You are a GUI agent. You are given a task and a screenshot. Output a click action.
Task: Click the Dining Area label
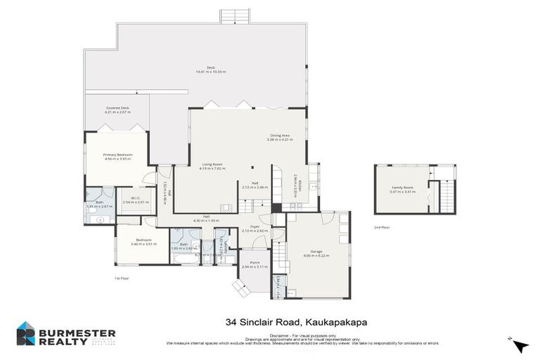click(279, 135)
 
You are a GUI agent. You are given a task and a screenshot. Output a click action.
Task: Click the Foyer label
click(255, 226)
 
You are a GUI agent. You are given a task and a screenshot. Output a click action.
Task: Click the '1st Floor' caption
click(121, 278)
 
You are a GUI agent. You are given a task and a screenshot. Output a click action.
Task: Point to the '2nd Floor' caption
click(382, 228)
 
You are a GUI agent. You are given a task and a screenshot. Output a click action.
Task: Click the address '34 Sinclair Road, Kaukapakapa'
click(297, 322)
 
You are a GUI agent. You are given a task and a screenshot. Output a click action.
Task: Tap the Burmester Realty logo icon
click(26, 333)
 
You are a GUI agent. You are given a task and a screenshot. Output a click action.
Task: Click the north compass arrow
click(520, 345)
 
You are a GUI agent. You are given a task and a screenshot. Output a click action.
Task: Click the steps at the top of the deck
click(235, 16)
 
